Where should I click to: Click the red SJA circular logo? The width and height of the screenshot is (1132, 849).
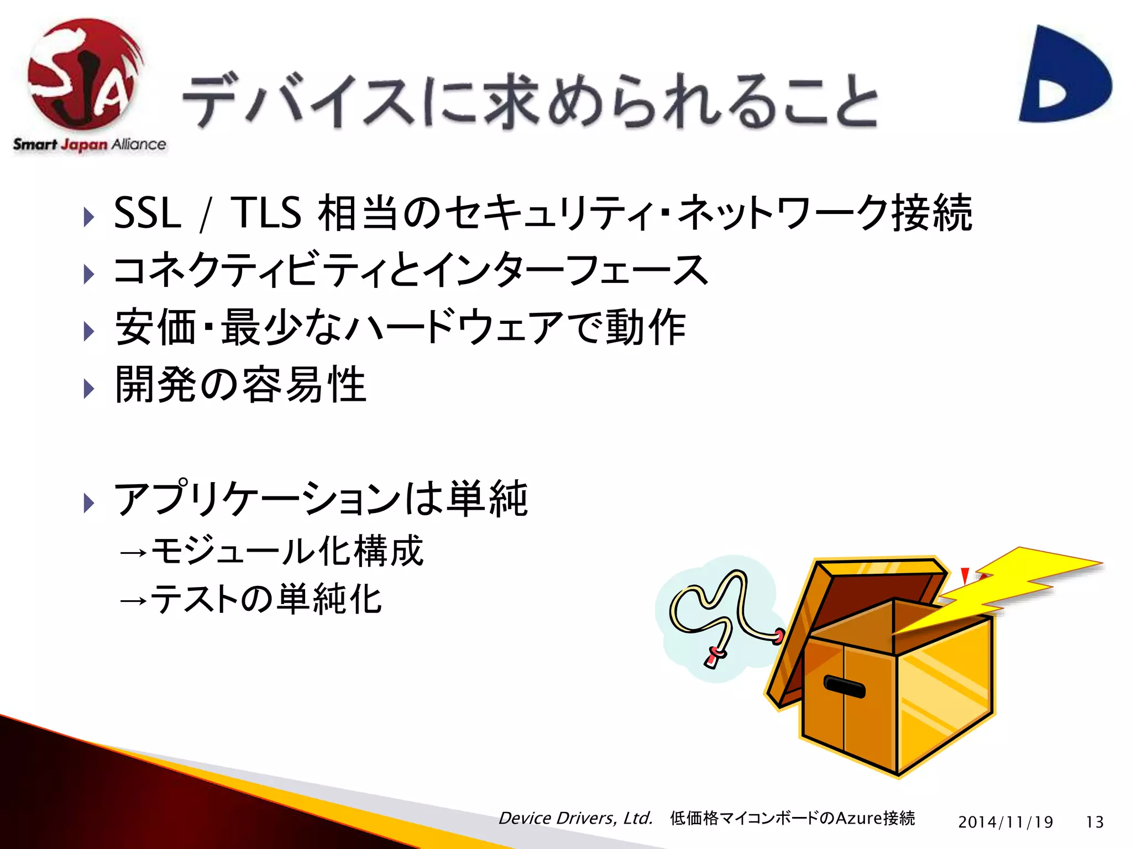83,75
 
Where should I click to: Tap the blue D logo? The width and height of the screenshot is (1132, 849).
1064,75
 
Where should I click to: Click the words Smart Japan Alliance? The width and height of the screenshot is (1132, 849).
90,145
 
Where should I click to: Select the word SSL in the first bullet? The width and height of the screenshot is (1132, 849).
148,213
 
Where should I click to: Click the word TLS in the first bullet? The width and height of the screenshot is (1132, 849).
265,213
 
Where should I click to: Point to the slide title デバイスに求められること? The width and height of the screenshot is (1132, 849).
530,102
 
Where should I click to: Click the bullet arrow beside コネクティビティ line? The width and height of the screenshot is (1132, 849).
88,274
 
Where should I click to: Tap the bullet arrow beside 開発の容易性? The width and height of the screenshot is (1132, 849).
88,389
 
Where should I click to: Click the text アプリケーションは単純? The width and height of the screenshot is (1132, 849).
321,499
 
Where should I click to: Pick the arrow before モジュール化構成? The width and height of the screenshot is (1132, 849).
133,552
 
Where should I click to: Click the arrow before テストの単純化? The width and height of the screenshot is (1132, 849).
133,600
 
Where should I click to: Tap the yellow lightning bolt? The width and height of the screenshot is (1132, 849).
1012,586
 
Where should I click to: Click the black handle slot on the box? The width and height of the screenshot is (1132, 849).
844,686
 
